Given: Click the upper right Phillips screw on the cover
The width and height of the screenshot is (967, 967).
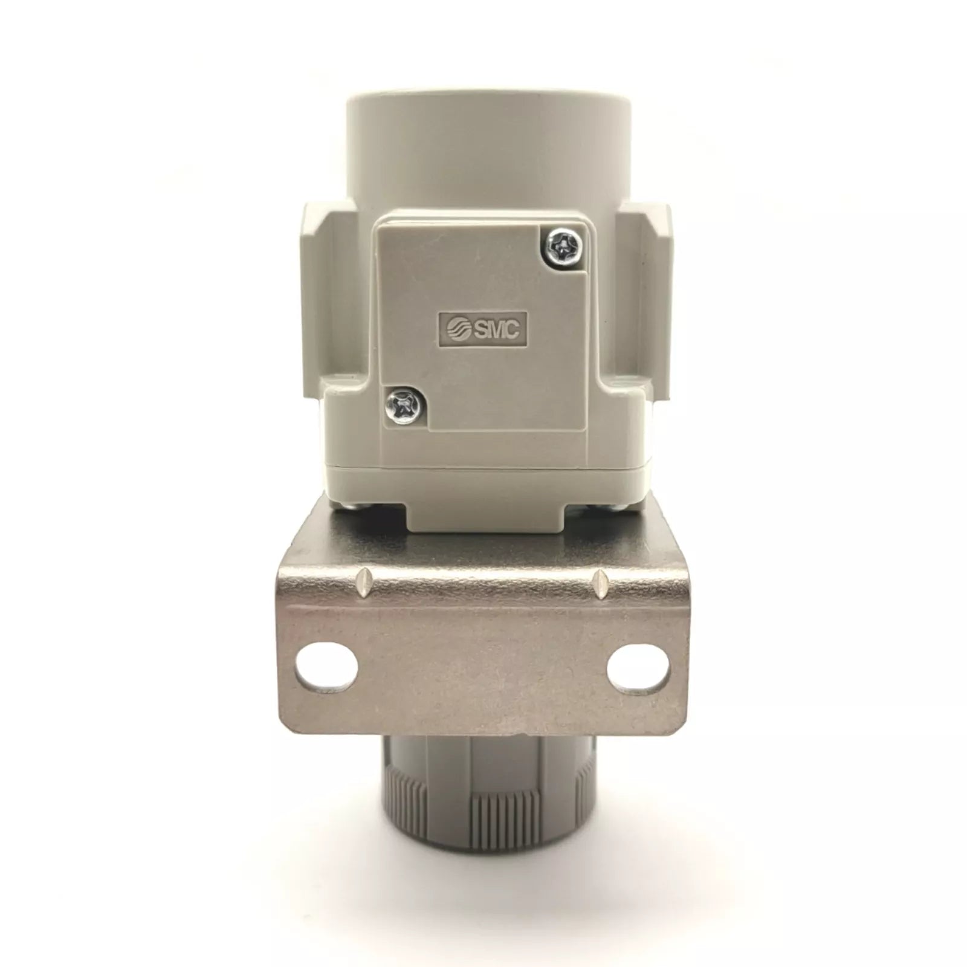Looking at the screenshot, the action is [x=562, y=244].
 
